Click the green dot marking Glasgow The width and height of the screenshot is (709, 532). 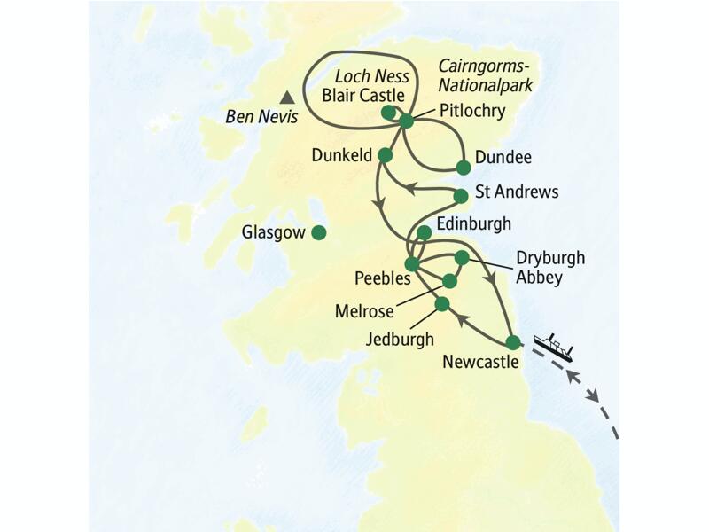pos(318,233)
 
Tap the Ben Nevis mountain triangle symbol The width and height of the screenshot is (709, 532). pos(286,98)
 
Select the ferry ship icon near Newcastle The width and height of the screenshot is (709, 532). pos(555,346)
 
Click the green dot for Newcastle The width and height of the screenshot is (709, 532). pos(512,342)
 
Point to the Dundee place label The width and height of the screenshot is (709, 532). pos(503,157)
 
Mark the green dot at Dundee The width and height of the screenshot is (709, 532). pos(463,167)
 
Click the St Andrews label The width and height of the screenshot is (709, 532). pos(518,192)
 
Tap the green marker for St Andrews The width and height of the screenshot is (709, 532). pos(460,196)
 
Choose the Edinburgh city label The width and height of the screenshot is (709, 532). pos(474,223)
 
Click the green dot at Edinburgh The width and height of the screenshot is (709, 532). pos(424,233)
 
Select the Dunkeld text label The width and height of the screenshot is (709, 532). pos(340,155)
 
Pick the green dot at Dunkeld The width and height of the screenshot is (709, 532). pos(385,155)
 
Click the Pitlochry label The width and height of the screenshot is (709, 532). pos(472,112)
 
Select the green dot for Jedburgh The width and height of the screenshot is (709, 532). pos(441,304)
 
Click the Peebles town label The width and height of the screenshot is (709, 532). pos(383,278)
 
